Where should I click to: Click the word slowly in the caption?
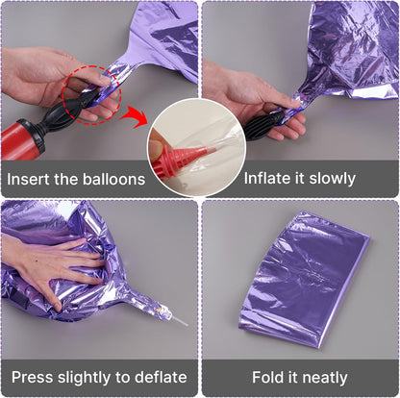click(333, 179)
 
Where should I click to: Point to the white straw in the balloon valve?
click(179, 321)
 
